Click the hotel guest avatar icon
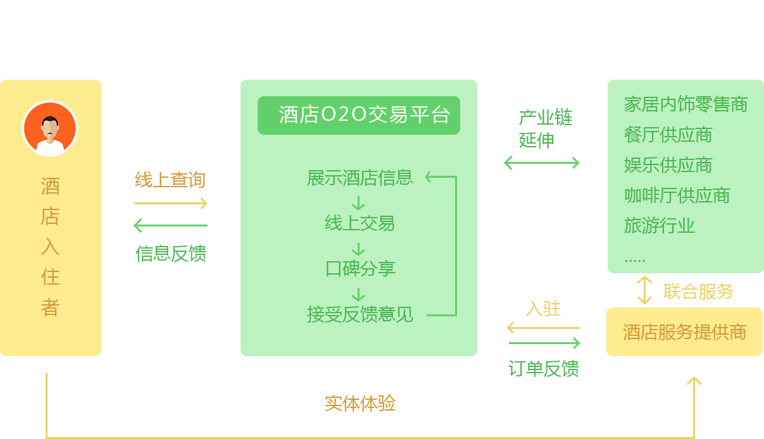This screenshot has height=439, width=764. (50, 128)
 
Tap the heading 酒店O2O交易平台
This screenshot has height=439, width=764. (359, 115)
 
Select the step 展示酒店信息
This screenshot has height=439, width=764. (360, 178)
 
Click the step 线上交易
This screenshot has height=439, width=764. (360, 223)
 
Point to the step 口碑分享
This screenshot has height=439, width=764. (360, 269)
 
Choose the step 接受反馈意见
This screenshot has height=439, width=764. (360, 314)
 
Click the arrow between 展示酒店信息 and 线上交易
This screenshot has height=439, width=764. (358, 203)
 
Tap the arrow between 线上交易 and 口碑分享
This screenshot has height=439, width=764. (358, 249)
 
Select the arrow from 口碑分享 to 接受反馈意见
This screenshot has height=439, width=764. (358, 295)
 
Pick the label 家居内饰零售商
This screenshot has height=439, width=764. (686, 104)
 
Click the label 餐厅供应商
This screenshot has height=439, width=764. (668, 135)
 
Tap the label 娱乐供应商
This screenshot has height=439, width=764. (668, 165)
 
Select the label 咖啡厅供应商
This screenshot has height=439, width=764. (677, 195)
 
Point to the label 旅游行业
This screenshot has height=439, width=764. (659, 226)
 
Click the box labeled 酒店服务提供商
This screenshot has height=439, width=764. (684, 332)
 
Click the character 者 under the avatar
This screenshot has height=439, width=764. (50, 307)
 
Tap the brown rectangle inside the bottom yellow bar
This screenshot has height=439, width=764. (360, 403)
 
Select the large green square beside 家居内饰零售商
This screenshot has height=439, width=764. (546, 128)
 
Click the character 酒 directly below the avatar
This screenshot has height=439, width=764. (50, 186)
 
